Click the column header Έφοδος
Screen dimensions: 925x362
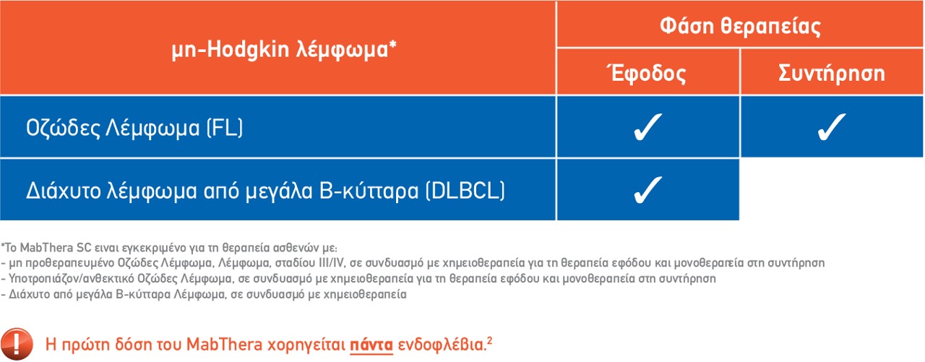pos(647,73)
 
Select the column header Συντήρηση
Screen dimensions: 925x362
pos(831,73)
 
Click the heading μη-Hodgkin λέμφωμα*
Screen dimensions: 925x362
pos(284,50)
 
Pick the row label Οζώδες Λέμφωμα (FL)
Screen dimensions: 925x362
pos(134,128)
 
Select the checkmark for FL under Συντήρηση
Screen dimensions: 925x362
pos(831,126)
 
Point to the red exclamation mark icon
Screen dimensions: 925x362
pos(17,344)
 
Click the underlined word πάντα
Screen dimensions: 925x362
pos(371,345)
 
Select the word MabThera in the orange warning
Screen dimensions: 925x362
pos(224,344)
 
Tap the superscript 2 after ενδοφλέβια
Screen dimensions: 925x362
pos(489,340)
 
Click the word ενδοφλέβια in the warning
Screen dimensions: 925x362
pos(442,344)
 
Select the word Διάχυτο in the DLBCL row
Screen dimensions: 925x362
pos(63,191)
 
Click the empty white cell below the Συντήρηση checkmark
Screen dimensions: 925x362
pos(831,189)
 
